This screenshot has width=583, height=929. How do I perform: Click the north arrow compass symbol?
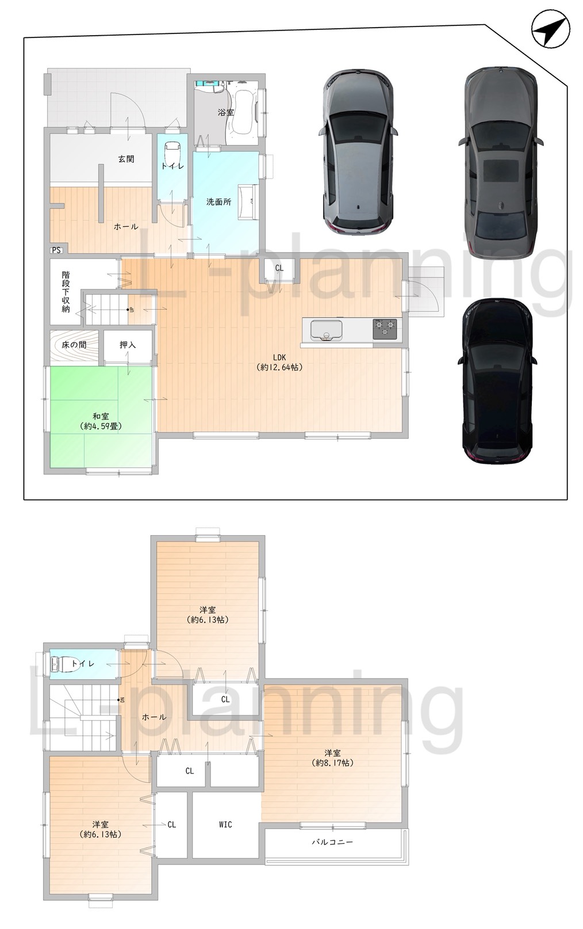coord(550,29)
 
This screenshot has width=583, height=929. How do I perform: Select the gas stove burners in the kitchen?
coord(384,329)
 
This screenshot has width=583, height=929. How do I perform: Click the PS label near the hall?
coord(56,250)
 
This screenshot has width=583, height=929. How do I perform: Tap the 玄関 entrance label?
coord(126,159)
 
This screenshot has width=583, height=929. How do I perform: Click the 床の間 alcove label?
coord(75,345)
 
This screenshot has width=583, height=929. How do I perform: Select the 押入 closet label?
coord(127,345)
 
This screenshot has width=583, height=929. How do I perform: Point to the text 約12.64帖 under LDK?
coord(279,367)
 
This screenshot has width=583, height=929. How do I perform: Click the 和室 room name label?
coord(101,416)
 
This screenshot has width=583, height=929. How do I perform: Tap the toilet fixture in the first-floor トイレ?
coord(171,154)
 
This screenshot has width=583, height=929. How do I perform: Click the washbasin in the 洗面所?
coord(248,201)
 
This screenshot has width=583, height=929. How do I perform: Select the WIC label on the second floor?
coord(225,824)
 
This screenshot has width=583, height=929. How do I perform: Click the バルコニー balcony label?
coord(332,842)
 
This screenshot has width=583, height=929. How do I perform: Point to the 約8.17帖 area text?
coord(333,763)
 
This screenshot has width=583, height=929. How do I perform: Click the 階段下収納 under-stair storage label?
coord(66,292)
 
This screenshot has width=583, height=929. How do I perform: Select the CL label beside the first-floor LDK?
coord(279,268)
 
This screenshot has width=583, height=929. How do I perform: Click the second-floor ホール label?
coord(154,717)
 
